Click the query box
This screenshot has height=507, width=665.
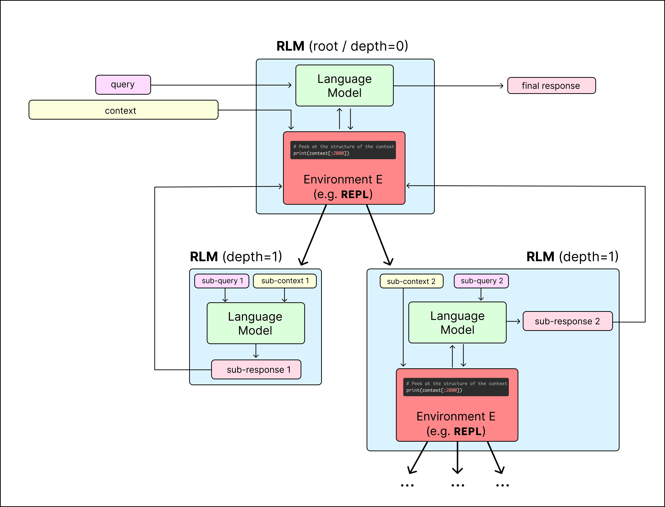tap(123, 85)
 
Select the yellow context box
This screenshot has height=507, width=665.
tap(123, 110)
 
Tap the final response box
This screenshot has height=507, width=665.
tap(551, 86)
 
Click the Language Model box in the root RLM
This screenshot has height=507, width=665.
tap(344, 86)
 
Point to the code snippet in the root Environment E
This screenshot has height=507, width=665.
tap(343, 150)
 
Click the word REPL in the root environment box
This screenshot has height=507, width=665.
tap(355, 194)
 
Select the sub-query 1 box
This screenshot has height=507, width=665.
tap(222, 281)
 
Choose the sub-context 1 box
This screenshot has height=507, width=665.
tap(285, 281)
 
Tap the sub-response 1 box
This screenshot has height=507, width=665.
tap(256, 369)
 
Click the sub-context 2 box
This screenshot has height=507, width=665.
tap(411, 281)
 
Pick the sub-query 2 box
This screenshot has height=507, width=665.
tap(481, 281)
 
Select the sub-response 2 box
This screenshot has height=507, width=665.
tap(567, 321)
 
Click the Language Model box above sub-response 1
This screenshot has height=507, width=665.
tap(256, 323)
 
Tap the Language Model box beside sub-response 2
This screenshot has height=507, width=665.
tap(457, 323)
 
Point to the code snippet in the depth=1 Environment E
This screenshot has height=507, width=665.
tap(456, 387)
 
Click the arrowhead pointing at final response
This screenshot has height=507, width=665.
tap(501, 86)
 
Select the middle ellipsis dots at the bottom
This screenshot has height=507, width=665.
tap(458, 485)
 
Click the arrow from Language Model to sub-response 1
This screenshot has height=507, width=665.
tap(256, 351)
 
